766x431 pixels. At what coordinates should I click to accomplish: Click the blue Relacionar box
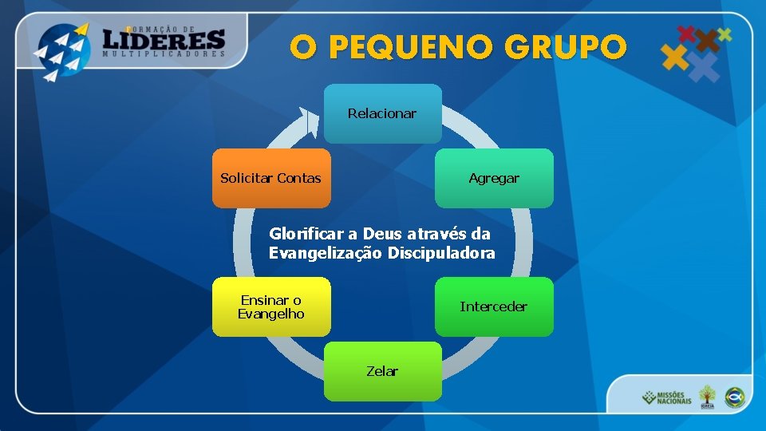[382, 113]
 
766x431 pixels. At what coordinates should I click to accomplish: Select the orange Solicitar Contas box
[270, 178]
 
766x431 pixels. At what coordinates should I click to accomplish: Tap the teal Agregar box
[494, 178]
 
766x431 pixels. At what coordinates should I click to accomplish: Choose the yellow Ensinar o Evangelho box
[271, 306]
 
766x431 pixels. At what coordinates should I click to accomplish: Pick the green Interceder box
[494, 306]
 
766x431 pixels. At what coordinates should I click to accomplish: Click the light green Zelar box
[382, 371]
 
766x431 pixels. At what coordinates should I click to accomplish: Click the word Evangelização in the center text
[326, 253]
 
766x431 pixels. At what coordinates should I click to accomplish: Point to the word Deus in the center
[384, 234]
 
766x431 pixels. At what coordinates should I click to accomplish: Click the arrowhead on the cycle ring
[306, 120]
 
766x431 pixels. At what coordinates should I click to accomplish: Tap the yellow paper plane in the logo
[81, 30]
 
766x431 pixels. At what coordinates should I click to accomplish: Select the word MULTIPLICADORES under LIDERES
[164, 55]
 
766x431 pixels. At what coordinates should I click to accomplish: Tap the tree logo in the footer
[707, 396]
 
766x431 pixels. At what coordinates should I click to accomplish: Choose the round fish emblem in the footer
[734, 396]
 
